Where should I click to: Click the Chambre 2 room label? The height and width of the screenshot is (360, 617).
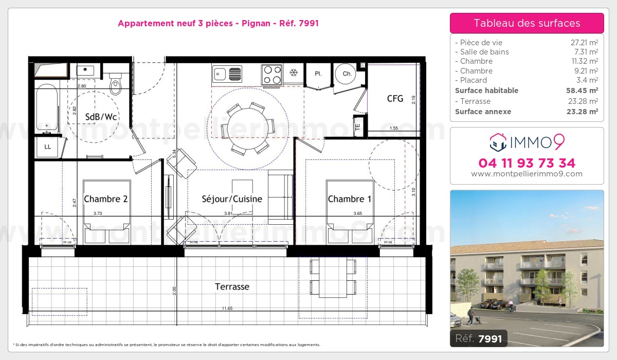click(x=105, y=199)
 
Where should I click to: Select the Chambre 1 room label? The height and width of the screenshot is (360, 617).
click(x=350, y=199)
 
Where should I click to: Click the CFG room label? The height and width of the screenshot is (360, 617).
click(x=395, y=99)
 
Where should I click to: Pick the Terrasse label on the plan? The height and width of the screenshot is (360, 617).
click(x=232, y=287)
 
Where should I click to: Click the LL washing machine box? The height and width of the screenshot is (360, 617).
click(x=48, y=147)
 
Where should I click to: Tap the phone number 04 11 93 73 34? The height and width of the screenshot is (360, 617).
click(x=527, y=163)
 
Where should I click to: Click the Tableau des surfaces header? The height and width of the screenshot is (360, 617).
click(x=527, y=23)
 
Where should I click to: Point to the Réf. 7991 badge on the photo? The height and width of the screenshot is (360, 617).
click(x=478, y=338)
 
